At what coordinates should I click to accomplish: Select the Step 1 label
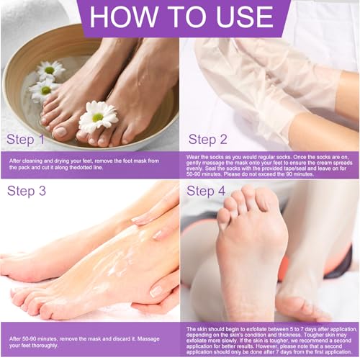pos(29,138)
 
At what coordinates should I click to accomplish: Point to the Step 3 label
pos(29,191)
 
